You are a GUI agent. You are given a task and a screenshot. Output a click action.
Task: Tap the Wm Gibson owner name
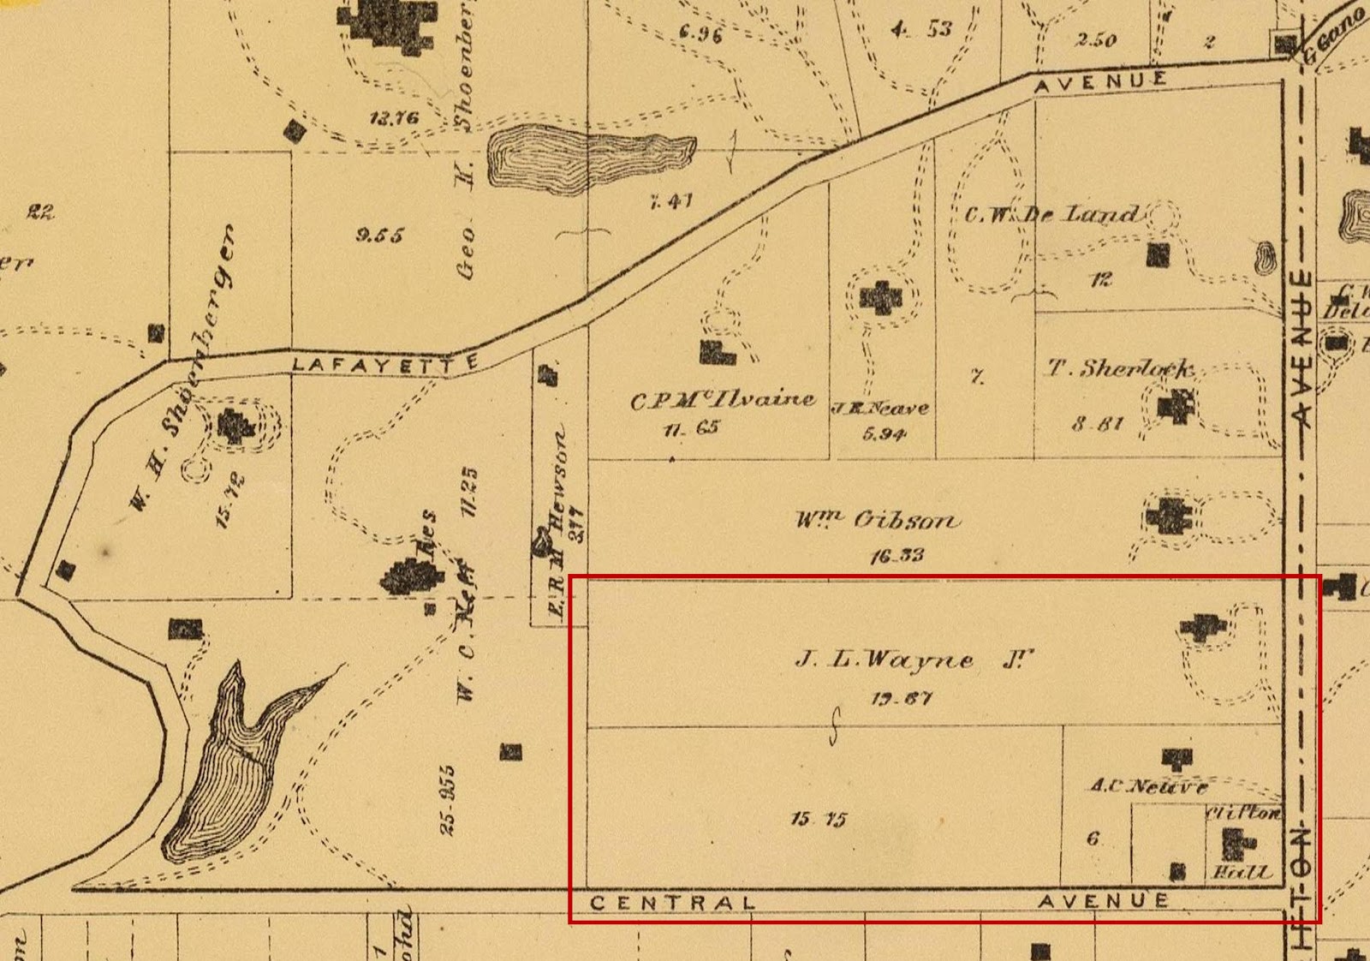(878, 520)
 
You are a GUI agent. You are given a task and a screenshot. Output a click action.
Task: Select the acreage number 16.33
(896, 556)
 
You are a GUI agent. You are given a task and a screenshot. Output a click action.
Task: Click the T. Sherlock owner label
(1121, 369)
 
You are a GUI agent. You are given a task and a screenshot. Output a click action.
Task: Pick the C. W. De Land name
(1052, 214)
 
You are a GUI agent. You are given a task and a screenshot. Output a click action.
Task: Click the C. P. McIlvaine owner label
(723, 400)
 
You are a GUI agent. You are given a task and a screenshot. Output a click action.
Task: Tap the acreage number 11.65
(691, 427)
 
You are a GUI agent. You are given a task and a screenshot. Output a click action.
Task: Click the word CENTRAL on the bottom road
(673, 903)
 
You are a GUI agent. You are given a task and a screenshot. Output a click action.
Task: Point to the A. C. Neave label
(1149, 785)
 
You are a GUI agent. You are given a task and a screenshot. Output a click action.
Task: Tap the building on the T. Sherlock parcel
(1176, 405)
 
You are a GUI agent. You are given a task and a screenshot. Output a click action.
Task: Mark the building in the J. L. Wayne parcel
(1203, 627)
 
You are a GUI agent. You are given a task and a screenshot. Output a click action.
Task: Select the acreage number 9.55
(379, 235)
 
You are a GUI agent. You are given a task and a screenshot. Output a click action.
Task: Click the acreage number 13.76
(394, 117)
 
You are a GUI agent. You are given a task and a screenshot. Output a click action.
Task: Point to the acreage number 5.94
(885, 434)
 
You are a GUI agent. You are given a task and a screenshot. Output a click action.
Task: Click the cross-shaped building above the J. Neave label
(881, 298)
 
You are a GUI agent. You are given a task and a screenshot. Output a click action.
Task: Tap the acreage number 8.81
(1098, 423)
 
